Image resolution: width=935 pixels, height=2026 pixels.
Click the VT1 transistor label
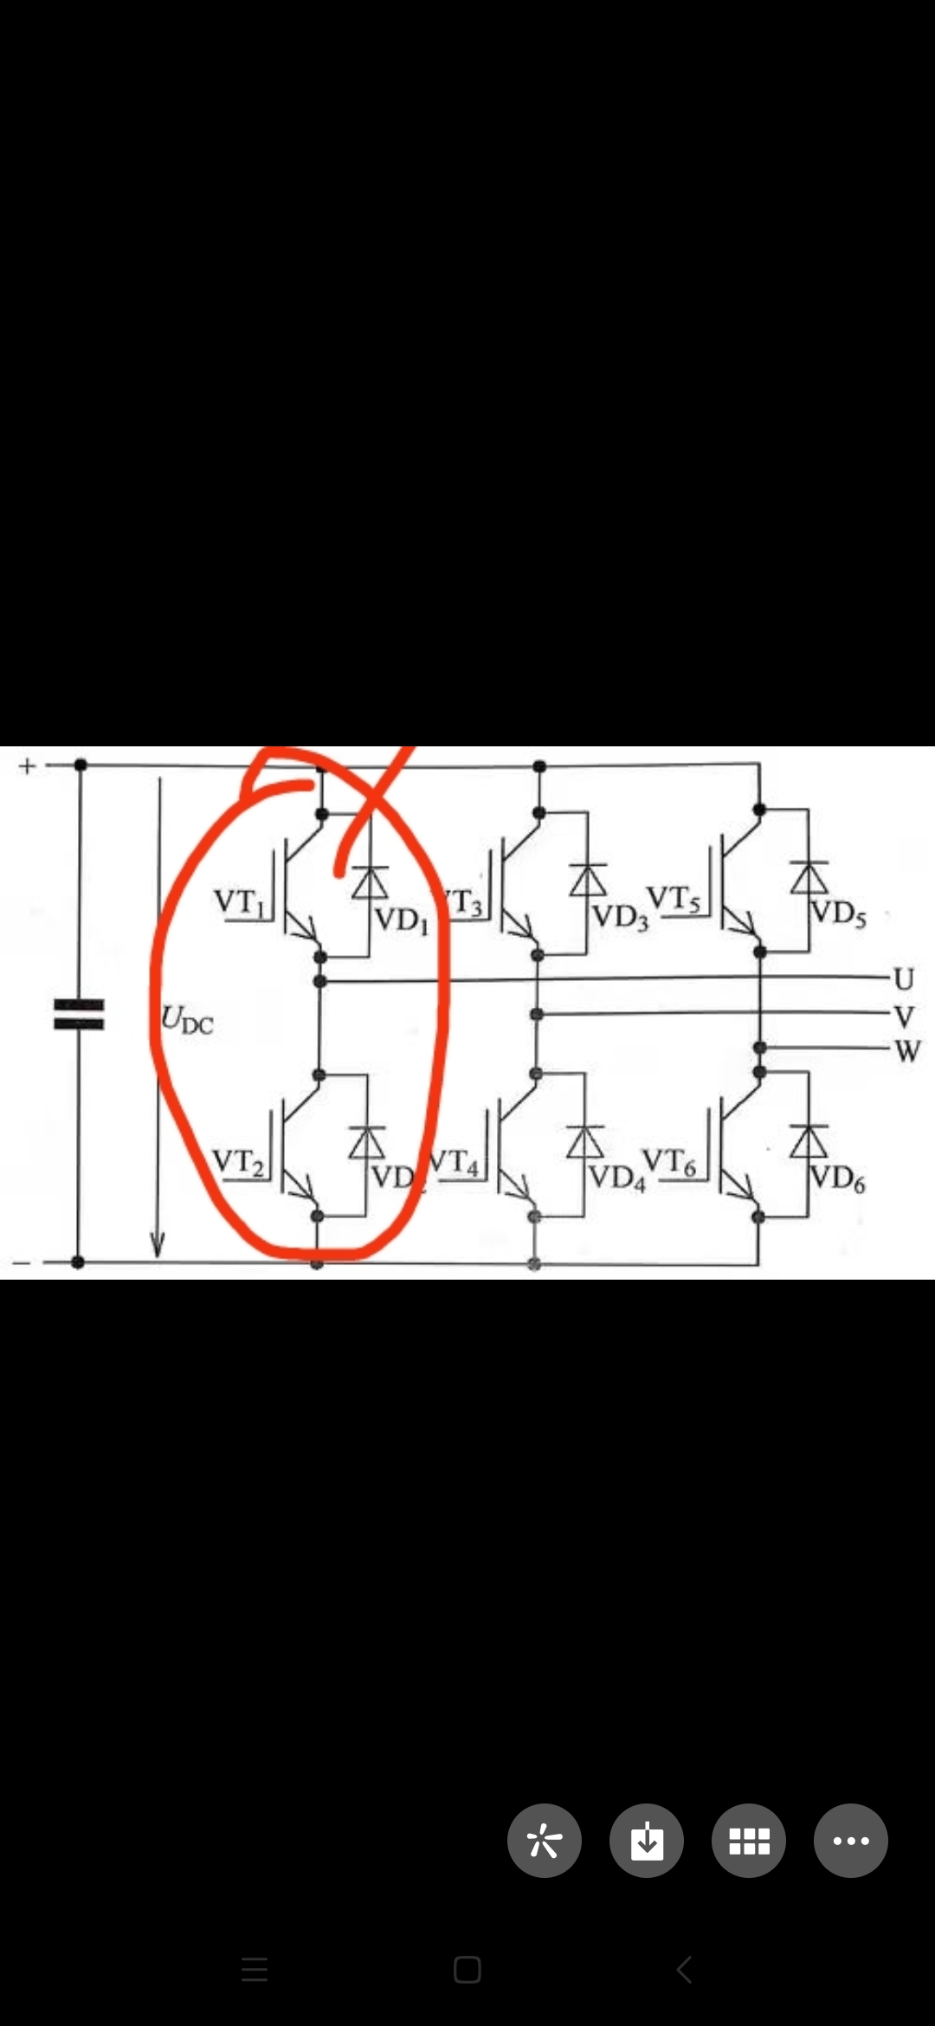239,902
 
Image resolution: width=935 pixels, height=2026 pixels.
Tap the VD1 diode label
401,919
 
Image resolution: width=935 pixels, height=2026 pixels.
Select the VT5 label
673,900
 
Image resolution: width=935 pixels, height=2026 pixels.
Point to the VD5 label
838,913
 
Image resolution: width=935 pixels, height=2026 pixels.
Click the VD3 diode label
619,917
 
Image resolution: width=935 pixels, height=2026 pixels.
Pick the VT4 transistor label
455,1162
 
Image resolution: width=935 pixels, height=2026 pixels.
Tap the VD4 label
617,1178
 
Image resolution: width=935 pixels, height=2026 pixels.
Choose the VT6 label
669,1163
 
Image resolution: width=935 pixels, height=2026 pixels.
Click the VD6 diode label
837,1179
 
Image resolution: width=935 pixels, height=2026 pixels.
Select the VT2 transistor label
238,1162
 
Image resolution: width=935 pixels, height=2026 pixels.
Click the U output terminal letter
904,979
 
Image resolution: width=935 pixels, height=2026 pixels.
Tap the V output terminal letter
904,1016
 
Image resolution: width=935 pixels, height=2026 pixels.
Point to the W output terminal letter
906,1051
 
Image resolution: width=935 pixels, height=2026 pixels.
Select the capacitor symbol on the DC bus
79,1015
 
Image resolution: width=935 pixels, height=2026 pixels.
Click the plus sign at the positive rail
27,766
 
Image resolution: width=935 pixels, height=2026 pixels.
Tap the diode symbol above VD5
809,878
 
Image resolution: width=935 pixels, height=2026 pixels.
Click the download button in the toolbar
647,1840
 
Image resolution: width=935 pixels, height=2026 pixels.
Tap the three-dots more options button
851,1840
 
